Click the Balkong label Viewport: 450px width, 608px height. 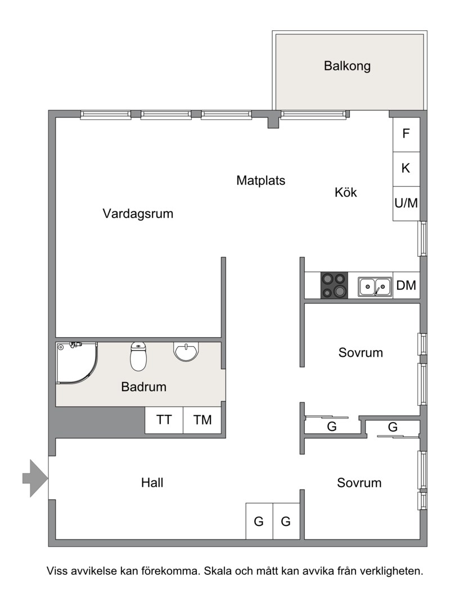pos(347,66)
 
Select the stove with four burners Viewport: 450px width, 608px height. pos(334,285)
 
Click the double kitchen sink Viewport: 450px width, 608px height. pos(375,287)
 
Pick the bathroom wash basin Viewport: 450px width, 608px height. pos(186,351)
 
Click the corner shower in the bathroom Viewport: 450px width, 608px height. pos(76,363)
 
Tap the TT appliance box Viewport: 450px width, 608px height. pos(164,420)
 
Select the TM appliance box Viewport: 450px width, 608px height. pos(202,420)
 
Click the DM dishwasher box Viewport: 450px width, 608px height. pos(406,285)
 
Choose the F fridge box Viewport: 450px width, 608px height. pos(406,134)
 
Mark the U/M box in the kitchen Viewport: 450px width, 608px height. pos(406,203)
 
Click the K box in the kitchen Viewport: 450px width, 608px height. pos(406,169)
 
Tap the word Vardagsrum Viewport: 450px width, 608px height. pos(138,214)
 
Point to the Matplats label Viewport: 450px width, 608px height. pos(261,180)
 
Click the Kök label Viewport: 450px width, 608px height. pos(345,192)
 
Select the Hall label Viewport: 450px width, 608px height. pos(152,483)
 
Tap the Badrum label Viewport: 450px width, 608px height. pos(143,387)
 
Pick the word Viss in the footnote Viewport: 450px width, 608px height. pos(57,571)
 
